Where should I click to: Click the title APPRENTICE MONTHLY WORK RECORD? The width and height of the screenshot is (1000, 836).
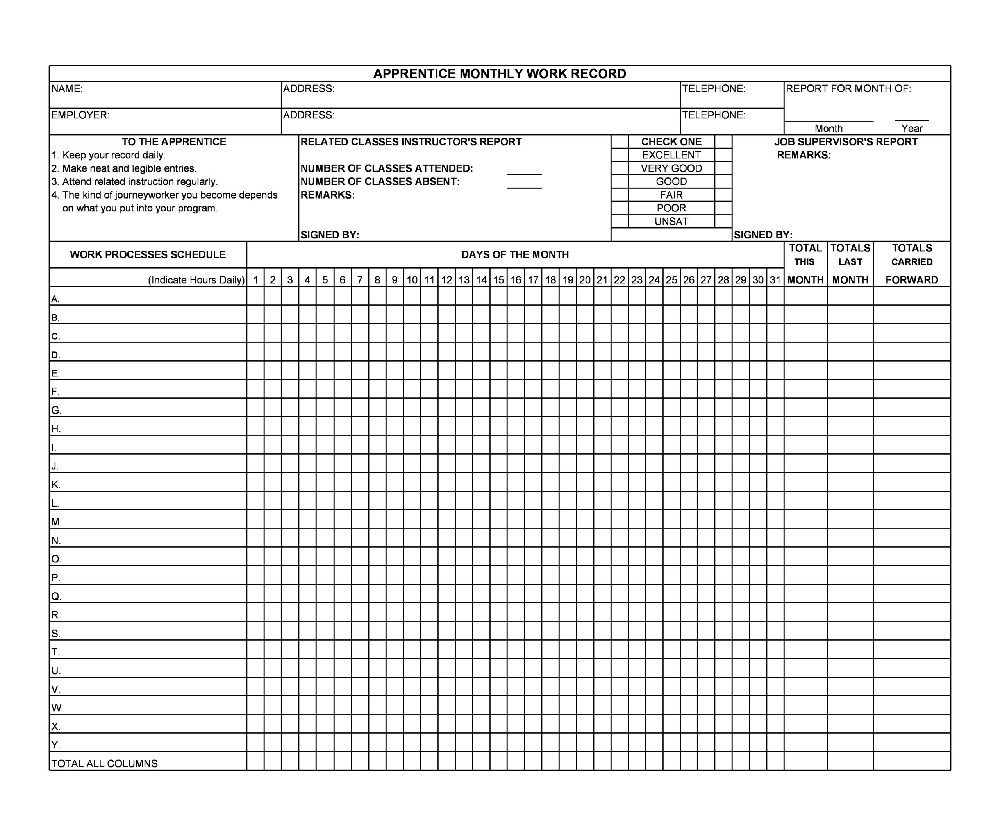(500, 74)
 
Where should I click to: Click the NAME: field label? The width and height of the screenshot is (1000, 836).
(67, 89)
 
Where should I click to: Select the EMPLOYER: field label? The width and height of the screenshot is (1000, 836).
(80, 115)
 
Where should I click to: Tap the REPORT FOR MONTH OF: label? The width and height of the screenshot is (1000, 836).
(848, 89)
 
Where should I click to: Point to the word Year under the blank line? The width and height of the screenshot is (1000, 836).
(911, 128)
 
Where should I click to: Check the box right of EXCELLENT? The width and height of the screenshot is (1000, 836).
(723, 155)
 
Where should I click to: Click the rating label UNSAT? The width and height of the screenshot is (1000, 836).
(671, 222)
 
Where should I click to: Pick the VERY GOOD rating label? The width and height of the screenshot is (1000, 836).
(671, 168)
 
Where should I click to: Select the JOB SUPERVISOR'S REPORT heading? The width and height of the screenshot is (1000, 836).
(846, 142)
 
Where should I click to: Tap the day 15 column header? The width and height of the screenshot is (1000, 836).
(498, 280)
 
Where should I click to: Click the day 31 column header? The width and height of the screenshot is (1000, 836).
(775, 280)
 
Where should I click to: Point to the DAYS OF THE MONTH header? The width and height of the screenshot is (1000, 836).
(515, 254)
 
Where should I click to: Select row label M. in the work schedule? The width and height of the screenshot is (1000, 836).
(56, 522)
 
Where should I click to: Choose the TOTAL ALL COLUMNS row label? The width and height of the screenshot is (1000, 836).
(104, 764)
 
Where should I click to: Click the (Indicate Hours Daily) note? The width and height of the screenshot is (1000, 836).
(196, 280)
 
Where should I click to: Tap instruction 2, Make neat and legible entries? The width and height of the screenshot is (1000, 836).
(124, 168)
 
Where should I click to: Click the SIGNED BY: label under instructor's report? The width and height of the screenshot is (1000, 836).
(330, 235)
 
